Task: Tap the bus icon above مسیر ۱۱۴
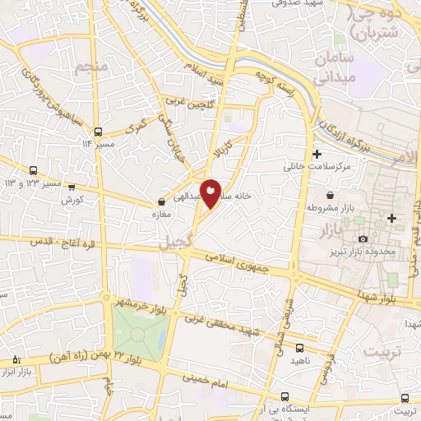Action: click(x=99, y=132)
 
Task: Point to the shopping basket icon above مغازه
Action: click(x=162, y=203)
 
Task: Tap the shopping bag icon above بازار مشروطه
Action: click(x=330, y=196)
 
